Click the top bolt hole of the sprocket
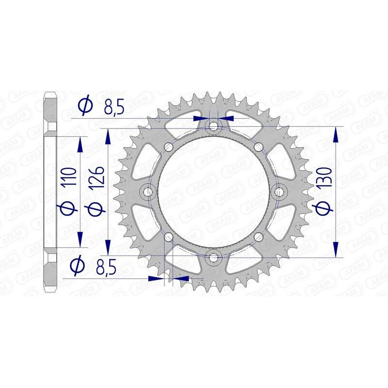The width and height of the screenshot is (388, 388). click(213, 127)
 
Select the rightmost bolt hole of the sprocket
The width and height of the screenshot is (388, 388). click(279, 192)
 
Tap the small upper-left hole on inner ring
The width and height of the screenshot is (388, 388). click(169, 147)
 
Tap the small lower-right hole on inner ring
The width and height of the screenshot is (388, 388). click(258, 237)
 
